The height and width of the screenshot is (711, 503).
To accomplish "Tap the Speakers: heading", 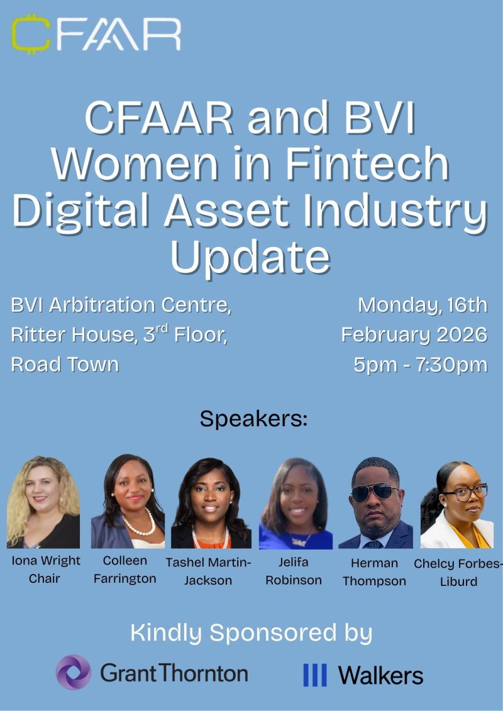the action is tap(253, 419).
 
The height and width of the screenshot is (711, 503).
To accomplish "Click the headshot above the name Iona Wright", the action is tap(43, 502).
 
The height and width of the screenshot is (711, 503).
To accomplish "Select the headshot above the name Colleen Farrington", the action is tap(128, 501).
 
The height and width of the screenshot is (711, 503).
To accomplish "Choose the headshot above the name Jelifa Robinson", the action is tap(296, 503).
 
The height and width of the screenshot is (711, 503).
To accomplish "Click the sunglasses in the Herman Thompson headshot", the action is tap(375, 492).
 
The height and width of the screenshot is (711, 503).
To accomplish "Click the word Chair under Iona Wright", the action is tap(44, 578).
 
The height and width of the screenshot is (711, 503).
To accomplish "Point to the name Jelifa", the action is tap(294, 562).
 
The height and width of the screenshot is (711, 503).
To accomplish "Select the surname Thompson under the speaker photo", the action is tap(374, 581).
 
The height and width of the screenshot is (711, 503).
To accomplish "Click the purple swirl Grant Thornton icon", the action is tap(74, 672).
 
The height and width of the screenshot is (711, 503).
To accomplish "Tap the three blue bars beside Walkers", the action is tap(315, 675).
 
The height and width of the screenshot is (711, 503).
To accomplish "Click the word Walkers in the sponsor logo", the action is tap(380, 675).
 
